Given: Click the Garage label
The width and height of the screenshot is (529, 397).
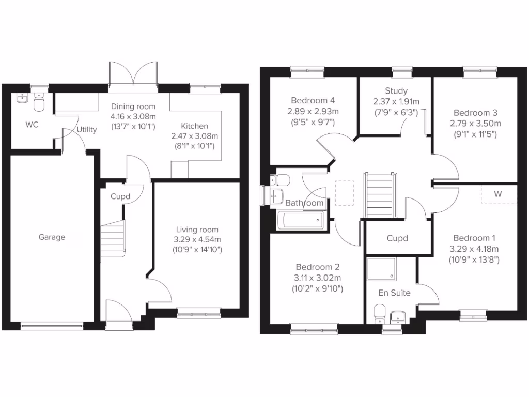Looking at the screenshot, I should point(52,237).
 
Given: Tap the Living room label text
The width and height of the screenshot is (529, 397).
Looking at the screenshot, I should point(197,230).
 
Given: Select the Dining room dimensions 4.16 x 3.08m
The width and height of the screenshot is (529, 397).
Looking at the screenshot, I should point(133,117).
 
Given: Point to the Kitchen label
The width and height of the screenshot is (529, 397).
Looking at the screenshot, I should point(194,126).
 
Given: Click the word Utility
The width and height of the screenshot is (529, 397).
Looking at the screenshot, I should point(86,130).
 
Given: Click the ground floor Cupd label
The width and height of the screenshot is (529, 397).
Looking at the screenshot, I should point(120,196).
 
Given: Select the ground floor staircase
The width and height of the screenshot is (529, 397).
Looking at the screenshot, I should point(113,238).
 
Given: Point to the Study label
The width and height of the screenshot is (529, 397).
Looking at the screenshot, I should point(396,91).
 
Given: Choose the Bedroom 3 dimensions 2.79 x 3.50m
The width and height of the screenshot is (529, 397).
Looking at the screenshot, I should point(477,123).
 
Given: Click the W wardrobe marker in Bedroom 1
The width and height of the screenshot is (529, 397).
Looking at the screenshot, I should point(498,194).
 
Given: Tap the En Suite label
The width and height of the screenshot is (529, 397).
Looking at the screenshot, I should point(394,293).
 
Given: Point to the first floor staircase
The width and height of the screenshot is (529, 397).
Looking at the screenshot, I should point(382,195).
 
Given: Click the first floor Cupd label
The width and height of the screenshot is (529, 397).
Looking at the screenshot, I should point(397,238).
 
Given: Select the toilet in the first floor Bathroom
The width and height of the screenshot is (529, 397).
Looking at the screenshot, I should point(282,180).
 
